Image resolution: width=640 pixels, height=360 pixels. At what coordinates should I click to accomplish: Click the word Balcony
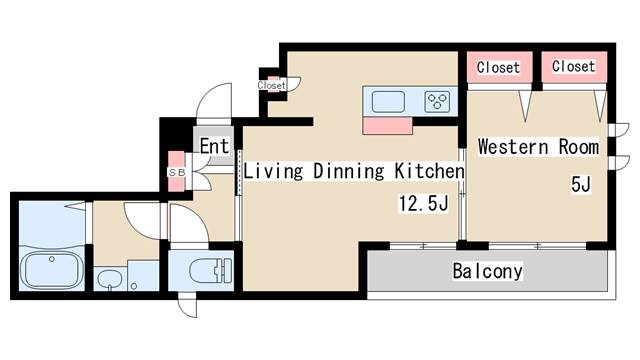[x=487, y=271]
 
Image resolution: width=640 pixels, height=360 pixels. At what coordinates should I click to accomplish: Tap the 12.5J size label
[x=424, y=203]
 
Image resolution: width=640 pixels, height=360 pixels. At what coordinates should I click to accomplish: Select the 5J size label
[x=581, y=184]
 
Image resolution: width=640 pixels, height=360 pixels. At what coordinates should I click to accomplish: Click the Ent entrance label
[x=214, y=146]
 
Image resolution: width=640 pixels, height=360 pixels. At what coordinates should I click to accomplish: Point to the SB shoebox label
[x=177, y=173]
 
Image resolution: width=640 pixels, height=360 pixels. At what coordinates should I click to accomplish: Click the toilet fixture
[x=211, y=270]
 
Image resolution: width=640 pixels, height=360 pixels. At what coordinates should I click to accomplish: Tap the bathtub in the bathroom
[x=51, y=269]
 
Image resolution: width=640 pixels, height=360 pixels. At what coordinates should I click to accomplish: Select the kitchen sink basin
[x=388, y=101]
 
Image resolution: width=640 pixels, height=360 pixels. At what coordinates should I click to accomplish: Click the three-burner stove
[x=437, y=101]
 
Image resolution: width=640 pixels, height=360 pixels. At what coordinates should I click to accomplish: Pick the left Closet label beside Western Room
[x=498, y=67]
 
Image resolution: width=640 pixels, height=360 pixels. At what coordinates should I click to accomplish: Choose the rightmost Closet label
[x=573, y=66]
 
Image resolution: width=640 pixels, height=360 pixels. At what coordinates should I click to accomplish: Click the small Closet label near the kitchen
[x=271, y=85]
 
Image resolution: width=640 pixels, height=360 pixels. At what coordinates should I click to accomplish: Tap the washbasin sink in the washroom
[x=110, y=279]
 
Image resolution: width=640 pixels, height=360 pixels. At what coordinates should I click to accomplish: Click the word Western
[x=513, y=147]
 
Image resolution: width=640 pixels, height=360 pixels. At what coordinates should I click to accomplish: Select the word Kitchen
[x=429, y=171]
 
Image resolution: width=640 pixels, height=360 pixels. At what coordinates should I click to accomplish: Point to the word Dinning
[x=349, y=171]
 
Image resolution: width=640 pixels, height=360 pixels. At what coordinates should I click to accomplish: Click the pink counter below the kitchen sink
[x=387, y=126]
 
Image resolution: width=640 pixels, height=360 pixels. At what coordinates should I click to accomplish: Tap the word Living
[x=273, y=171]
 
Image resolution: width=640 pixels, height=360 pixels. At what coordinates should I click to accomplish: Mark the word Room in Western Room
[x=578, y=147]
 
